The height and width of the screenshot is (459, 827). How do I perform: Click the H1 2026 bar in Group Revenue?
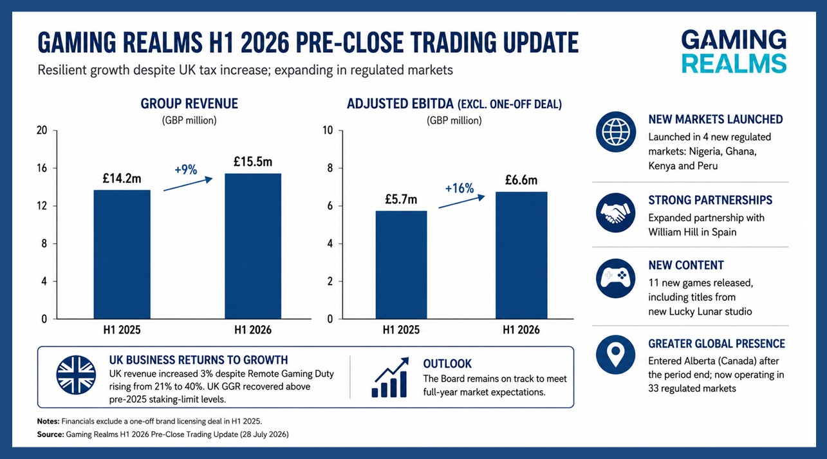[253, 246]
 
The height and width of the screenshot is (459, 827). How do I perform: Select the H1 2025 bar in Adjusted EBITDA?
[402, 265]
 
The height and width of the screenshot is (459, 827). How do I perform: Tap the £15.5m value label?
[253, 162]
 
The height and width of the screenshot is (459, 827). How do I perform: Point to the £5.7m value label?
[401, 200]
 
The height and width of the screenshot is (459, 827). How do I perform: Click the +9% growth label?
[186, 169]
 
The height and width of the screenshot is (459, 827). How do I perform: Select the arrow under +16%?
[461, 201]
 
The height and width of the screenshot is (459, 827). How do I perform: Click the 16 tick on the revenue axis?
[42, 168]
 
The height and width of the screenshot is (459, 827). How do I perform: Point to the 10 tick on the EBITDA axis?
[328, 130]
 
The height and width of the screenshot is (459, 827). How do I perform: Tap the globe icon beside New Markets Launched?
[616, 132]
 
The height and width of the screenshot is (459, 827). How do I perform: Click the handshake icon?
[616, 212]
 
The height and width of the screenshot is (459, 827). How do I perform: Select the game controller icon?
[616, 278]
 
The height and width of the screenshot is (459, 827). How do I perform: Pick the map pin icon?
[616, 355]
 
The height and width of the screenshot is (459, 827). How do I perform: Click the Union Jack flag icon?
[76, 375]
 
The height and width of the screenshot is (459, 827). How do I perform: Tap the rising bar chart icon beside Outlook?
[390, 377]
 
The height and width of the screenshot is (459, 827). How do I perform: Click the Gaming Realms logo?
[734, 52]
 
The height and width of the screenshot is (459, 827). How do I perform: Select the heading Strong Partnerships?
[711, 200]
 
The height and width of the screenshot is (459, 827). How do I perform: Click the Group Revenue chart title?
[189, 104]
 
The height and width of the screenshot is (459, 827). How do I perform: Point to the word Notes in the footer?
[48, 421]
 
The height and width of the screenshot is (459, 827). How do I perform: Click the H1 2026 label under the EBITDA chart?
[521, 330]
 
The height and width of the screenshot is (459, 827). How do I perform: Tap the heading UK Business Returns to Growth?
[199, 360]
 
